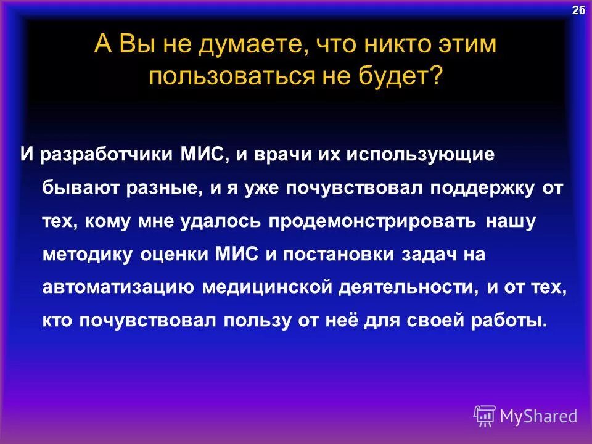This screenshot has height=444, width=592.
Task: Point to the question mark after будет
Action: [436, 78]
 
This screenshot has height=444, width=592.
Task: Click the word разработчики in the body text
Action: [107, 154]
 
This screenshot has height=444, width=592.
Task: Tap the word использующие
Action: [420, 154]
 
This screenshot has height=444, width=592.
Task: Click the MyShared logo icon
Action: [484, 416]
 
